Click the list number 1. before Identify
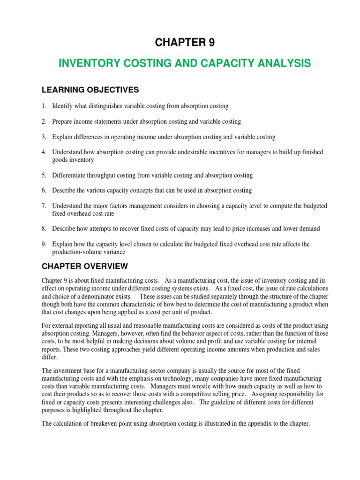[44, 106]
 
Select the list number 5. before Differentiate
[44, 175]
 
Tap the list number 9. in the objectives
[44, 244]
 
